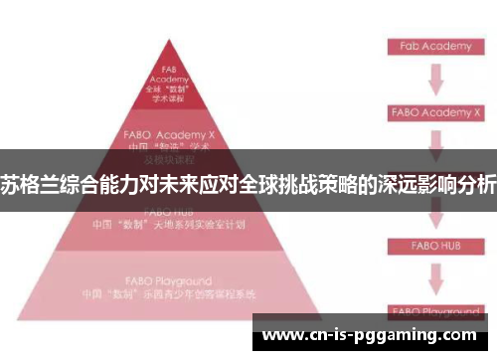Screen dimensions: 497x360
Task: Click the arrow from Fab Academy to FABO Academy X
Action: click(x=434, y=79)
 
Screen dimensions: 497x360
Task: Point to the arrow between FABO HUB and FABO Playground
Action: click(x=434, y=277)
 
